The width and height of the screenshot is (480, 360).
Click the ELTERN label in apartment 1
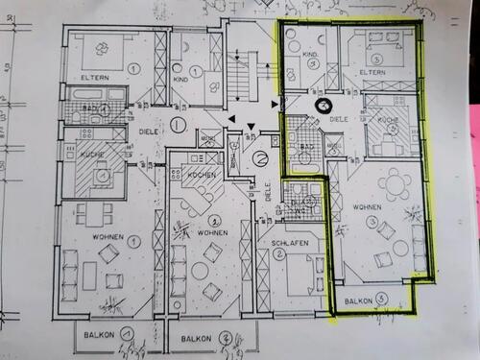pyautogui.click(x=97, y=76)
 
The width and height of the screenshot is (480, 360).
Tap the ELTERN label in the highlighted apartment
pyautogui.click(x=372, y=73)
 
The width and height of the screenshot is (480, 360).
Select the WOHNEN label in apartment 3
pyautogui.click(x=368, y=207)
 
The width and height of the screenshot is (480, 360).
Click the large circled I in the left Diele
pyautogui.click(x=178, y=124)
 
